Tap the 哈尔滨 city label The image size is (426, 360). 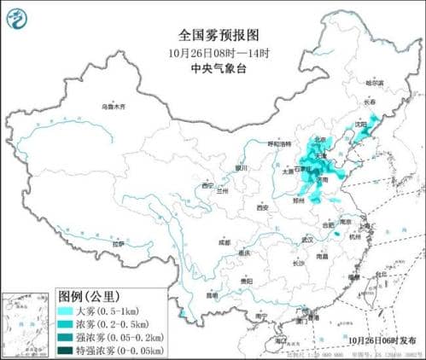coord(376,84)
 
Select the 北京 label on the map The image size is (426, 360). coord(320,140)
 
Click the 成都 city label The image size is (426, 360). coord(224,242)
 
